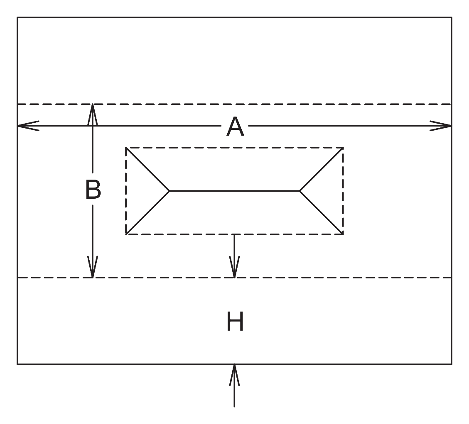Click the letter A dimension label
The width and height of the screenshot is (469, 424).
coord(236,127)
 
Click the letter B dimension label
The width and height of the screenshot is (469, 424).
coord(93,189)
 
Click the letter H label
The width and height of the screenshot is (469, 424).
coord(235,321)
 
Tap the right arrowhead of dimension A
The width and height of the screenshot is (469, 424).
coord(441,126)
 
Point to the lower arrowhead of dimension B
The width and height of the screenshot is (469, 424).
coord(92,267)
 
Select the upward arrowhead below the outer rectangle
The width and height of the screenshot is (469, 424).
coord(234,375)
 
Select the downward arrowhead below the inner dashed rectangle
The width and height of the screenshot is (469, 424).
coord(234,267)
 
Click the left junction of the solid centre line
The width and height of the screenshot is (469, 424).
coord(169,191)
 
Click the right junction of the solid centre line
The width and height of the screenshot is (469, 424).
coord(300,191)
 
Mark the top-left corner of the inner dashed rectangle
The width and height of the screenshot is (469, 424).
coord(126,148)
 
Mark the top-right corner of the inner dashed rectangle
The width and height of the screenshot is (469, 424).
coord(343,148)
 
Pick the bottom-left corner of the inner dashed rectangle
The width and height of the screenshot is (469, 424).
coord(126,234)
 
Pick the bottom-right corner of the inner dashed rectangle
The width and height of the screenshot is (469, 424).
coord(343,234)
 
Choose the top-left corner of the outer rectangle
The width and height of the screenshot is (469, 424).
coord(17,17)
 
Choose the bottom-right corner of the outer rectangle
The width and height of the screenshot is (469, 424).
coord(452,364)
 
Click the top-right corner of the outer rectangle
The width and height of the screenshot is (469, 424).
coord(452,17)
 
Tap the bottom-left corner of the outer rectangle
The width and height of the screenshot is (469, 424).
coord(17,364)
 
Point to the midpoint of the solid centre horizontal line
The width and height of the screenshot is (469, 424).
coord(234,191)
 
